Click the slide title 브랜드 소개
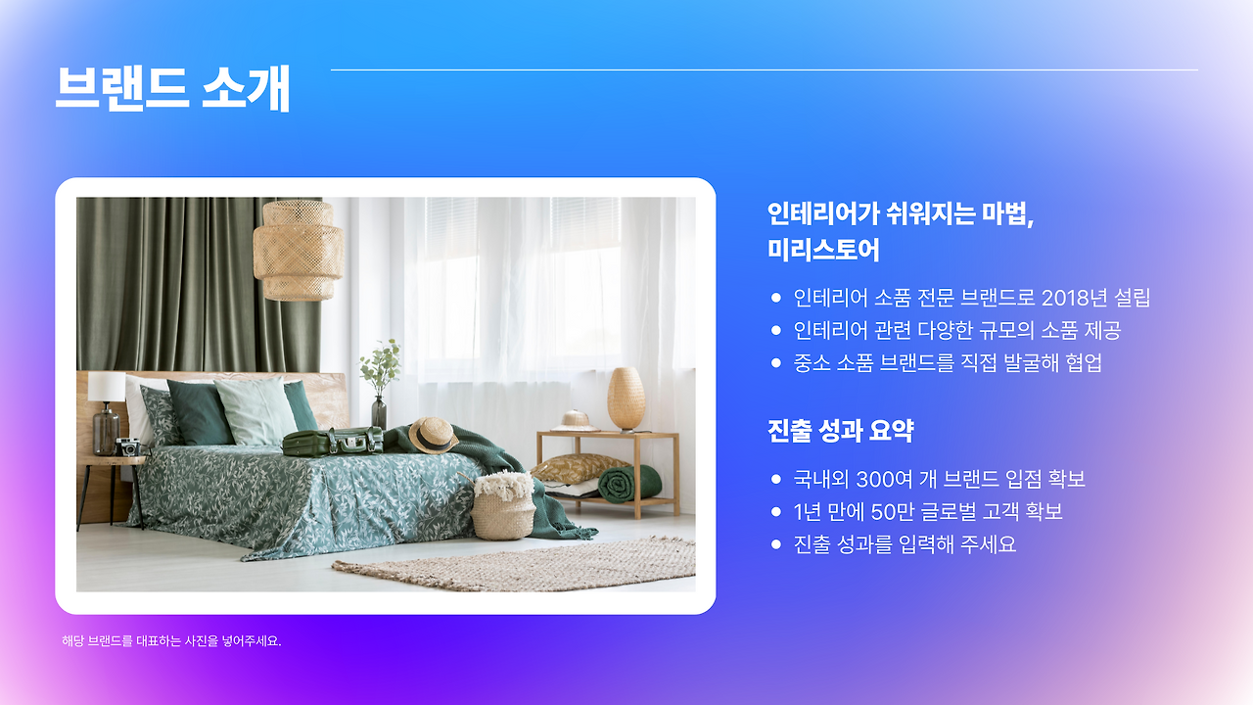click(x=172, y=89)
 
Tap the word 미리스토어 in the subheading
click(x=823, y=250)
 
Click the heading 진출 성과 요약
click(x=841, y=431)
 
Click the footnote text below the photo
click(x=171, y=641)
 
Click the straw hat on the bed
click(x=432, y=434)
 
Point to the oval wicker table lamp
click(x=626, y=398)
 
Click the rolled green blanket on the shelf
click(x=628, y=483)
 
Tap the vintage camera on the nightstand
click(x=127, y=447)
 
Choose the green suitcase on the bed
click(x=332, y=442)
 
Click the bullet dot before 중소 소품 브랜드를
click(x=776, y=363)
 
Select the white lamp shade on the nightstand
click(x=106, y=387)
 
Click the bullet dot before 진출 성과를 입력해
click(x=776, y=544)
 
